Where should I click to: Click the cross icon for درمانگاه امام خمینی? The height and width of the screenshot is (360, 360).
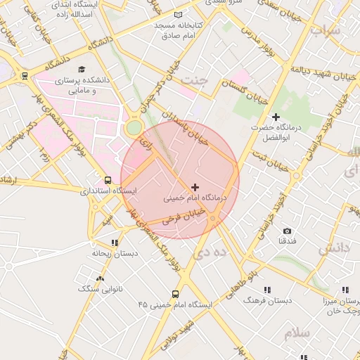coord(195,186)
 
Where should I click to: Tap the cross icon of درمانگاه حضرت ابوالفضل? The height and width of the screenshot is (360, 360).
coord(276,116)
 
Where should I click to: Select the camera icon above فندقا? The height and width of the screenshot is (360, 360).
coord(287,231)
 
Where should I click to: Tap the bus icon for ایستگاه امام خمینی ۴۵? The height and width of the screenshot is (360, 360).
coord(175,295)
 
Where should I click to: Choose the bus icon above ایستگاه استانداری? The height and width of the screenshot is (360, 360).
coord(108,180)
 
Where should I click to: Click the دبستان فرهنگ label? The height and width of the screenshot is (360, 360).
coord(266,300)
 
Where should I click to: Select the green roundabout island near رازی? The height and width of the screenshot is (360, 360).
coord(133,128)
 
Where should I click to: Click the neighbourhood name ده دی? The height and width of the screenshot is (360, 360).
coord(211,251)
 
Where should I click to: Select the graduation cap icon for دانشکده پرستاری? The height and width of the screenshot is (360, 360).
coord(82,70)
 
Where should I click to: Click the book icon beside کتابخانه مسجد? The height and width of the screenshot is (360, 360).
coord(178,15)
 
